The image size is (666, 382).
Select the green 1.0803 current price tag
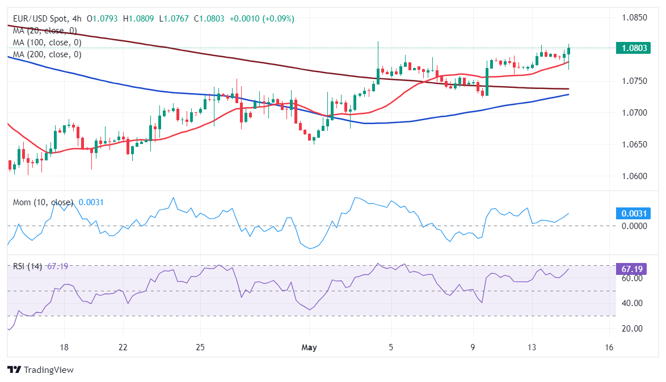pyautogui.click(x=632, y=48)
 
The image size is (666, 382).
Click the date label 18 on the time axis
pyautogui.click(x=64, y=347)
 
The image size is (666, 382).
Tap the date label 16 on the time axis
pyautogui.click(x=609, y=347)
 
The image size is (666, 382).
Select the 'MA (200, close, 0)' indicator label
pyautogui.click(x=47, y=54)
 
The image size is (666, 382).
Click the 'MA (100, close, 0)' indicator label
pyautogui.click(x=47, y=43)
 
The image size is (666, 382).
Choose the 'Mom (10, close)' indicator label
pyautogui.click(x=43, y=202)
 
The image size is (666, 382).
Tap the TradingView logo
pyautogui.click(x=41, y=370)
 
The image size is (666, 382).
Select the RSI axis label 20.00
pyautogui.click(x=630, y=329)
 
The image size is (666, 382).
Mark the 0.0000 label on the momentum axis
pyautogui.click(x=631, y=226)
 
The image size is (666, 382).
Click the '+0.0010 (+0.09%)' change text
pyautogui.click(x=262, y=19)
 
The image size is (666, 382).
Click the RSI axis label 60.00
pyautogui.click(x=630, y=279)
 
